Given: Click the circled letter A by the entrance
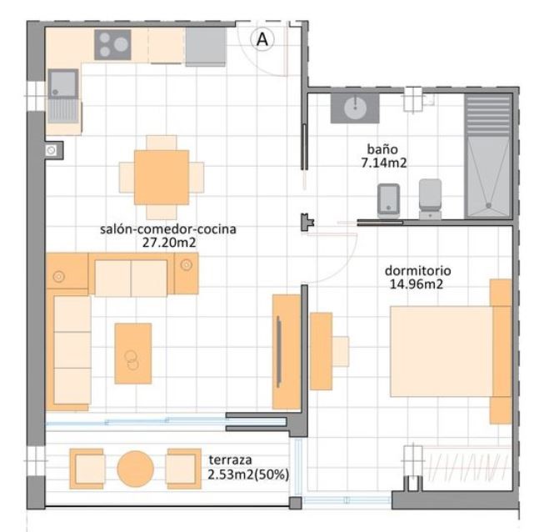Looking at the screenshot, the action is click(262, 39).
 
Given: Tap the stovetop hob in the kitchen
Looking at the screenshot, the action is click(112, 44).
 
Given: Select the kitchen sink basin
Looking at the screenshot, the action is click(62, 83).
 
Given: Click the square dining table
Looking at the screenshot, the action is click(162, 177).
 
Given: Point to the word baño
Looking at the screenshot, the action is click(382, 149).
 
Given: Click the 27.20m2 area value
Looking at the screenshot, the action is click(169, 243).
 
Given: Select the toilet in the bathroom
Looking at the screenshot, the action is click(430, 199).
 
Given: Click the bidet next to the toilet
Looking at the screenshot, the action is click(388, 201).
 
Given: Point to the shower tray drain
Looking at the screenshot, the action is click(488, 206).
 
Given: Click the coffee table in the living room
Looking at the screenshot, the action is click(133, 354).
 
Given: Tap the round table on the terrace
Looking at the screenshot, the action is click(135, 469).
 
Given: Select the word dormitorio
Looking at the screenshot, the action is click(417, 270).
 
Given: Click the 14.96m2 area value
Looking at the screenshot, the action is click(417, 284).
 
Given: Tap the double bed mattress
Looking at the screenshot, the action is click(442, 351).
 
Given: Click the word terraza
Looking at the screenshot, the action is click(230, 460).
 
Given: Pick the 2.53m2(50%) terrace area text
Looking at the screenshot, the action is click(248, 474).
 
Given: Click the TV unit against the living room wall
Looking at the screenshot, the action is click(287, 352).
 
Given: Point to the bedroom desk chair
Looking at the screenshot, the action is click(341, 351).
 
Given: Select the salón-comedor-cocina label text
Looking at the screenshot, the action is click(168, 229).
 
